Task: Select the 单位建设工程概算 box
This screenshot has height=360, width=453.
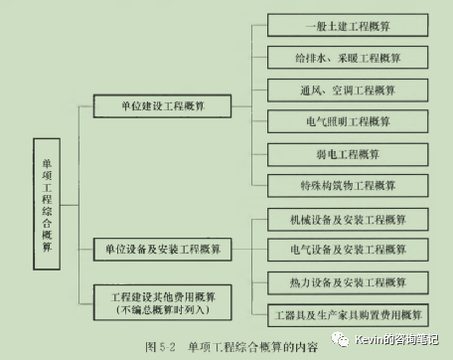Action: (162, 103)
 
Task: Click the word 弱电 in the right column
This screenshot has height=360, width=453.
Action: (323, 154)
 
